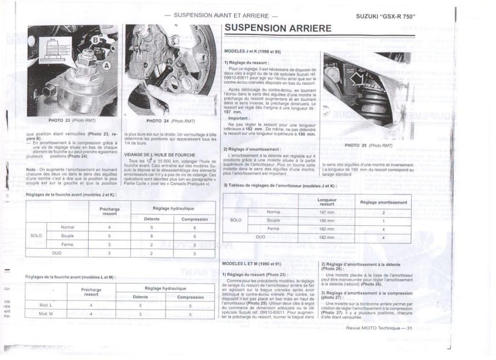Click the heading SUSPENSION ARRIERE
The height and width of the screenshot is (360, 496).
(x=278, y=28)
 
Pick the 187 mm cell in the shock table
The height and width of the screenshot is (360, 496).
(x=326, y=212)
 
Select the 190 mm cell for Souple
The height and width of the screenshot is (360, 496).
(x=326, y=220)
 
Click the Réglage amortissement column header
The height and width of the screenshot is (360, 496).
(x=383, y=202)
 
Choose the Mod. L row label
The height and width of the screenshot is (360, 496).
(x=46, y=306)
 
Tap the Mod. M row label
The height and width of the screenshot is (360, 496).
(x=46, y=314)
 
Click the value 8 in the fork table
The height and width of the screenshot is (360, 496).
(x=152, y=236)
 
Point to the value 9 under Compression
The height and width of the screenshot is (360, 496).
(x=194, y=236)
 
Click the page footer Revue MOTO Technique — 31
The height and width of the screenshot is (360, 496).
(x=378, y=328)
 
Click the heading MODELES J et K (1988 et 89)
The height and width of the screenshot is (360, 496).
(x=252, y=51)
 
